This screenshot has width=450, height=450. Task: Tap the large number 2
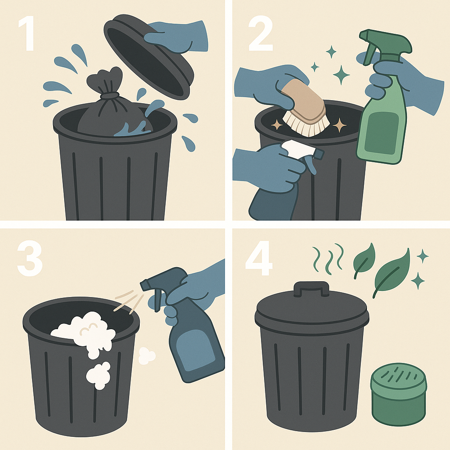(260, 33)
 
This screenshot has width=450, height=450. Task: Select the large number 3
(30, 259)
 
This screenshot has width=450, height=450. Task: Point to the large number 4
(259, 259)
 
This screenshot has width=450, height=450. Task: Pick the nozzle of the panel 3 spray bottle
(145, 285)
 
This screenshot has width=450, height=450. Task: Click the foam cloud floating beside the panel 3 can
(147, 356)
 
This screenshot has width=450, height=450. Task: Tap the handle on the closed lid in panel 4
(312, 288)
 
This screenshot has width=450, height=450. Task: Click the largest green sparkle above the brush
(341, 75)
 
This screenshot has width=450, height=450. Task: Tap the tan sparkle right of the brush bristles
(340, 125)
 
